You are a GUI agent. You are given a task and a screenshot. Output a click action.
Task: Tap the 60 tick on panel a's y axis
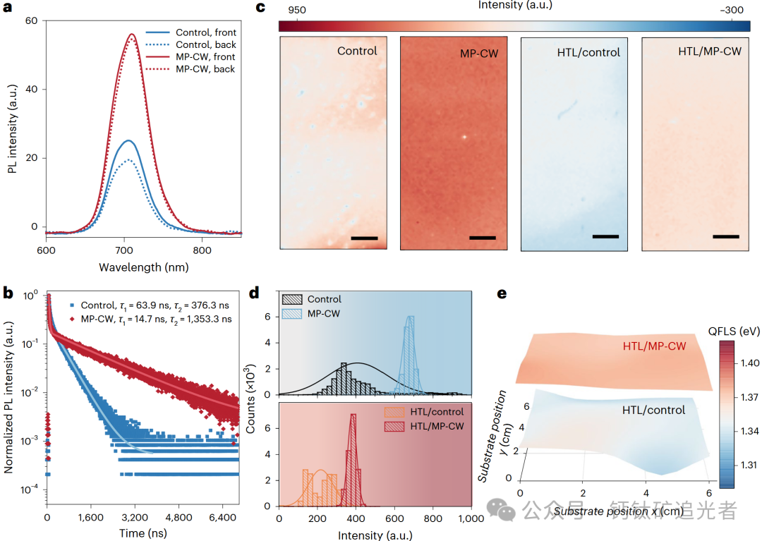click(x=31, y=21)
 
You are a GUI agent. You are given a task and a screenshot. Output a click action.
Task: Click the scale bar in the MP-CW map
click(x=482, y=238)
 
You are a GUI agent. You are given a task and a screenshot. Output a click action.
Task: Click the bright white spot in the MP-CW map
click(x=464, y=136)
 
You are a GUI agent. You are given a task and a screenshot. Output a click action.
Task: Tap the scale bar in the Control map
click(x=364, y=238)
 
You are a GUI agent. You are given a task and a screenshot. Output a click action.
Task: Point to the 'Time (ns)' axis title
click(x=143, y=534)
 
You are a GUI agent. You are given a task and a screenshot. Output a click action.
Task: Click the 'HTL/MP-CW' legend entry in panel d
click(x=436, y=427)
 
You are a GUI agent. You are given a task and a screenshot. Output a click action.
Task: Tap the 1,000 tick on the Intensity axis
click(x=470, y=518)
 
